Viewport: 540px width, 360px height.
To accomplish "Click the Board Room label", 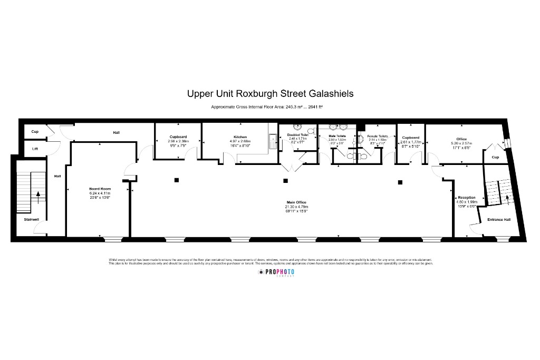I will click(x=98, y=188).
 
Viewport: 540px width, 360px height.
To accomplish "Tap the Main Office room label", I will click(x=296, y=202).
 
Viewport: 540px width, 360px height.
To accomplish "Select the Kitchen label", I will click(x=240, y=137).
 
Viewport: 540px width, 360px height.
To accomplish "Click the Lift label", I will click(x=35, y=149).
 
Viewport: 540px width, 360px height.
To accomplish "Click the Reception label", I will click(x=466, y=197).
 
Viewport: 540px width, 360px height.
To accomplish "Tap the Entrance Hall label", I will click(x=498, y=219).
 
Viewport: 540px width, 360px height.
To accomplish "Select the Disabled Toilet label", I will click(x=298, y=135).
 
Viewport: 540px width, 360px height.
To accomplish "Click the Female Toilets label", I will click(x=378, y=136).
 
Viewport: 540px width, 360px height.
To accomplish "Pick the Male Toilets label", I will click(x=337, y=135).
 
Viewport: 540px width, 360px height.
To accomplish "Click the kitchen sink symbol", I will click(x=273, y=141).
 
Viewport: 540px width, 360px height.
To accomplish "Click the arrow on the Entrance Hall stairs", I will click(x=507, y=197).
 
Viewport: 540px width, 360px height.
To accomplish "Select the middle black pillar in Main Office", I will click(x=285, y=181).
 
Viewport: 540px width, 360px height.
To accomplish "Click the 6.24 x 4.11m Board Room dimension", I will click(x=98, y=193).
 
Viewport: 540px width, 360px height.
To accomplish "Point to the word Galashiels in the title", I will click(x=327, y=94).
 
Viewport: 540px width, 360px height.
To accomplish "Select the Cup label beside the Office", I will click(x=495, y=157).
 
